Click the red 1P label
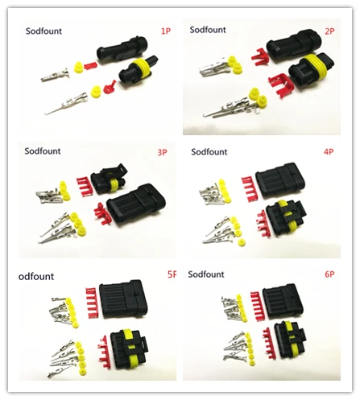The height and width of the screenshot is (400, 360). pos(166,31)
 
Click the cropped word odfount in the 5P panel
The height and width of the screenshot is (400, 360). pos(40,275)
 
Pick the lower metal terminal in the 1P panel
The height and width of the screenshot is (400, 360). pos(69,105)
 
